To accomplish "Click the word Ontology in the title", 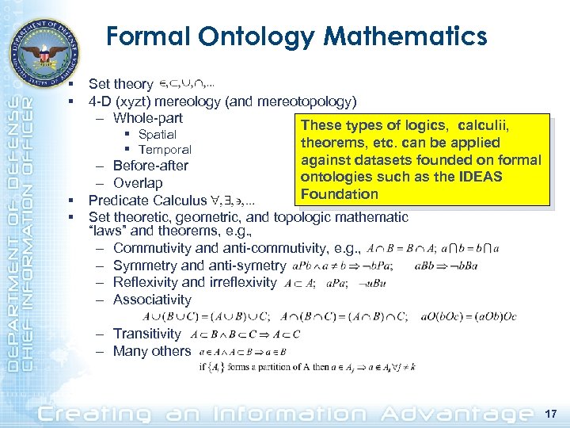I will [241, 36].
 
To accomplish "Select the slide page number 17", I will [551, 413].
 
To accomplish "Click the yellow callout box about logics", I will [420, 159].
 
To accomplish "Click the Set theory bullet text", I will [120, 84].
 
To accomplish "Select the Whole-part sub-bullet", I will [147, 118].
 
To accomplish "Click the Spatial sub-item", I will [157, 135].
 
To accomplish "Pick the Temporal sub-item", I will [165, 150].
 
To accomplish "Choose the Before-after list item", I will [150, 166].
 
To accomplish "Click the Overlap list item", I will [138, 184].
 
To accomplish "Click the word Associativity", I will [152, 300].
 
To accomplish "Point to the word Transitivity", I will [147, 334].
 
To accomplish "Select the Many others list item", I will [152, 351].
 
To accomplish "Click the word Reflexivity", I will [146, 282].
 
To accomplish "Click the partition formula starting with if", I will [308, 367].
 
